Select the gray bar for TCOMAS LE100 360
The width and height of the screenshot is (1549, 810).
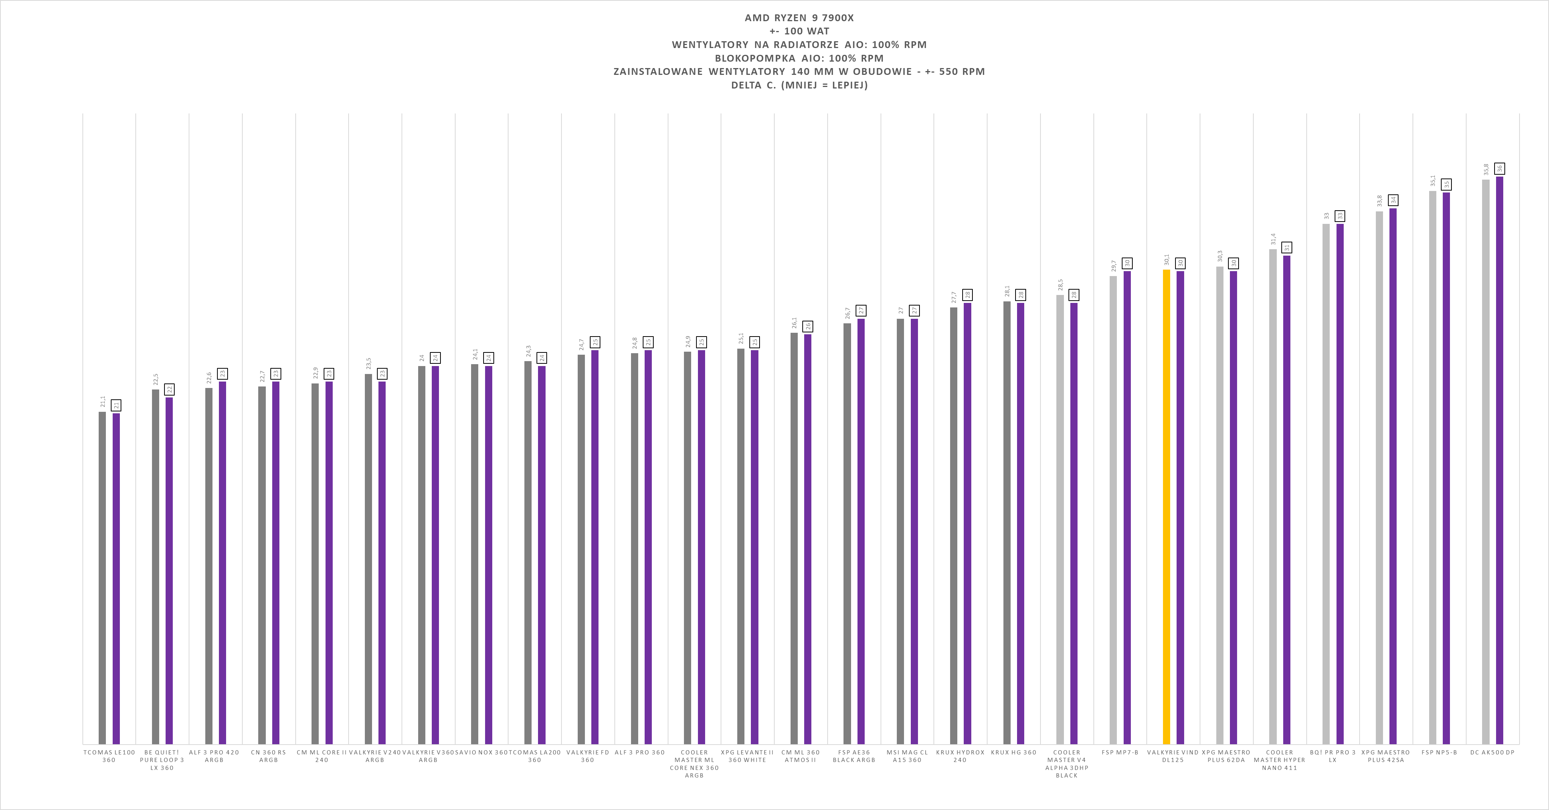coord(102,578)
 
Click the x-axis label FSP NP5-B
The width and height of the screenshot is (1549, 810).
coord(1439,752)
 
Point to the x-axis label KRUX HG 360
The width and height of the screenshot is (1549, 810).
coord(1014,752)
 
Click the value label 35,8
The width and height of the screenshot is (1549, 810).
coord(1486,169)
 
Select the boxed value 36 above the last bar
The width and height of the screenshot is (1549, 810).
coord(1500,168)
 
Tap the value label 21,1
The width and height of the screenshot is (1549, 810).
coord(103,402)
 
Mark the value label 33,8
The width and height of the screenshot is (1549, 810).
coord(1379,201)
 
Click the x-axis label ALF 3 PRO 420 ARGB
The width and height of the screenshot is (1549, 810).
coord(214,756)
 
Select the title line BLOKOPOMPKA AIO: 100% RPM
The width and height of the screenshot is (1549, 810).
coord(799,58)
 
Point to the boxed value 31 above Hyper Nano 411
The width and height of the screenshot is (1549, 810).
coord(1287,247)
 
